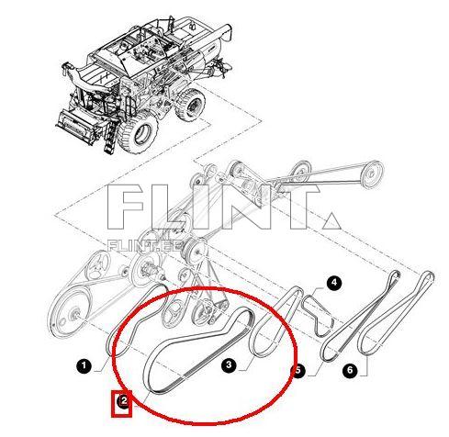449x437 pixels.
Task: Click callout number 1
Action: pyautogui.click(x=84, y=366)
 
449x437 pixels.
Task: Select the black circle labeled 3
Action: pyautogui.click(x=230, y=364)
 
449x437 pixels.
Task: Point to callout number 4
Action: pyautogui.click(x=334, y=284)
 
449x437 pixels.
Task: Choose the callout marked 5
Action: pyautogui.click(x=297, y=371)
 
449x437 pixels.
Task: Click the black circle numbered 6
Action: pyautogui.click(x=349, y=370)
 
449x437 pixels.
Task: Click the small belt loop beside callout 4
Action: pyautogui.click(x=320, y=312)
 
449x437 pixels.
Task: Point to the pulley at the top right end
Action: pyautogui.click(x=372, y=172)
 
